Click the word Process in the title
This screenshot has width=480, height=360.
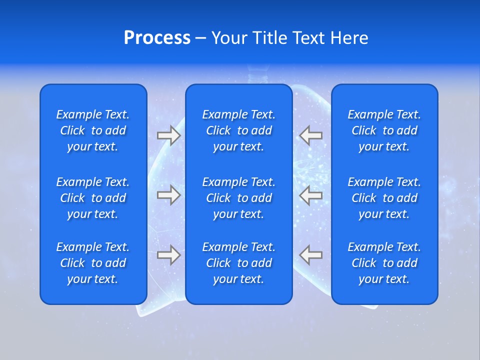click(157, 38)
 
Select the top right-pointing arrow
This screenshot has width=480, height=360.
click(168, 135)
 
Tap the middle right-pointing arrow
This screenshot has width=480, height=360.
click(168, 195)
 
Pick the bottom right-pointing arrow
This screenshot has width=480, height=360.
click(168, 255)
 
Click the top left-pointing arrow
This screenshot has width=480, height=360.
click(310, 135)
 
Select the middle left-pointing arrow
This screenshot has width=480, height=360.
click(310, 195)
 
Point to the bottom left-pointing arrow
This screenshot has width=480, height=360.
click(310, 255)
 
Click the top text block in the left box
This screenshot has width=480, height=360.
click(93, 130)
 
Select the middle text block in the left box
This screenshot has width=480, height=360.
click(93, 198)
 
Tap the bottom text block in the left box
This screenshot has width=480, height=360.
click(93, 263)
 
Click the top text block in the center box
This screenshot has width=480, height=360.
click(238, 130)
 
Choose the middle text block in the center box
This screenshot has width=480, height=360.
click(238, 198)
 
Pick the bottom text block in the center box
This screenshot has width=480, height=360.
click(238, 263)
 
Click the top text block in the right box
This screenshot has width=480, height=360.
click(384, 130)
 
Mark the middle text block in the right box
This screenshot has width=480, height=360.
click(384, 198)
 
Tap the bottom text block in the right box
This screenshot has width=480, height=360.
click(384, 263)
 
